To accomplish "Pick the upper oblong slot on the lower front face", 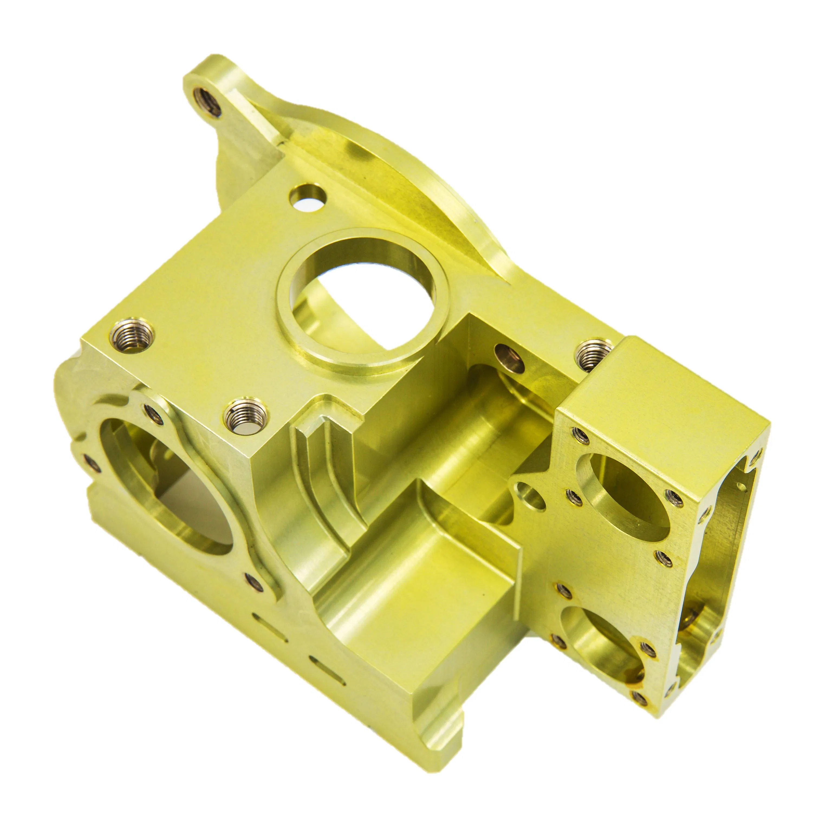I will (269, 628).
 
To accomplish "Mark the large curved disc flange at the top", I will (388, 172).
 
